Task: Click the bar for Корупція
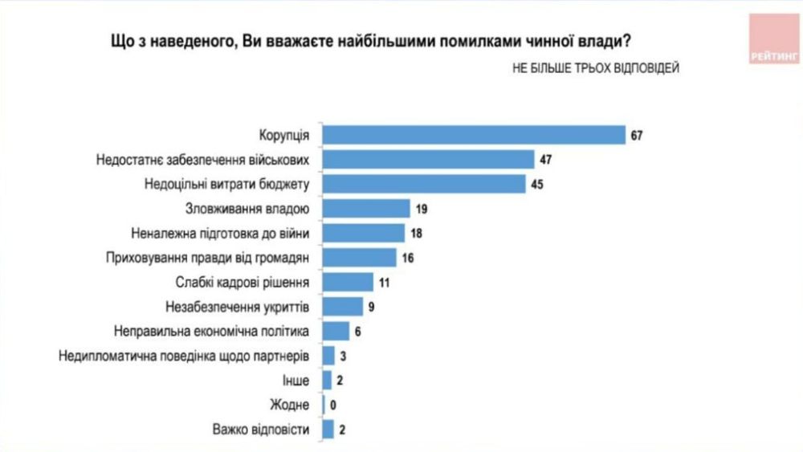(473, 135)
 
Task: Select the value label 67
(637, 135)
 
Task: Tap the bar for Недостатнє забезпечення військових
(427, 159)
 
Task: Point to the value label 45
(538, 184)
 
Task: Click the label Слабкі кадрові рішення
(242, 282)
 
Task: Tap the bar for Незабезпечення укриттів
(343, 306)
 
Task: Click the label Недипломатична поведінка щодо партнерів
(185, 355)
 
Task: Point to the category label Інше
(297, 380)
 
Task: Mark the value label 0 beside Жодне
(334, 405)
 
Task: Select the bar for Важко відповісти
(328, 429)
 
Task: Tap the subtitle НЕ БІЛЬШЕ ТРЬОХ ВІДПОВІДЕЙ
(595, 68)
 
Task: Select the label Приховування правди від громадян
(208, 258)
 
